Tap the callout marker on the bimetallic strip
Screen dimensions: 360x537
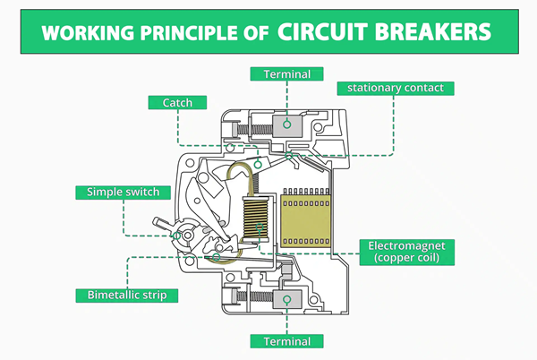216,257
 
